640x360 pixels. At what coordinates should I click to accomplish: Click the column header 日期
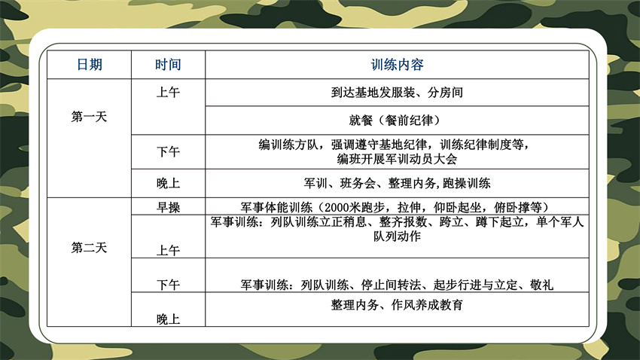click(90, 65)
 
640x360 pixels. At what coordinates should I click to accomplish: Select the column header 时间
click(168, 65)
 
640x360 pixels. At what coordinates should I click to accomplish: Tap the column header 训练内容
click(397, 65)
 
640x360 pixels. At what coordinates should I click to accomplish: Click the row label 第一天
click(89, 117)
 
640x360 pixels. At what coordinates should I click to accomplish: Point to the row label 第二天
click(89, 248)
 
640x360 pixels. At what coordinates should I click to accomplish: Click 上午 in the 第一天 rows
click(168, 93)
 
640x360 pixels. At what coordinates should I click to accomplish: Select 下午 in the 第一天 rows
click(168, 152)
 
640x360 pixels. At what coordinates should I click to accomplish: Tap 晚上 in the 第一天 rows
click(168, 183)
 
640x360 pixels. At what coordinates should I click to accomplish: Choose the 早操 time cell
click(168, 207)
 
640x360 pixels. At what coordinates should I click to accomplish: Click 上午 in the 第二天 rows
click(168, 250)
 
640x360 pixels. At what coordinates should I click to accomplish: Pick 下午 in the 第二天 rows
click(168, 285)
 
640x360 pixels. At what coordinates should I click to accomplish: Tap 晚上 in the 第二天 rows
click(168, 319)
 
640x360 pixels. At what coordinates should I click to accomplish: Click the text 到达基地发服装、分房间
click(397, 93)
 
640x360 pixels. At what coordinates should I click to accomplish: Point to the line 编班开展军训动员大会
click(397, 159)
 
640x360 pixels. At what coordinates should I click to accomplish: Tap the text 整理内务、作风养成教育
click(397, 305)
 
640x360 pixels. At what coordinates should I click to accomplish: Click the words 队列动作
click(397, 236)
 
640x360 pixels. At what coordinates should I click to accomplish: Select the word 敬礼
click(541, 285)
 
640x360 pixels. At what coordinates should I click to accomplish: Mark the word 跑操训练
click(467, 183)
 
